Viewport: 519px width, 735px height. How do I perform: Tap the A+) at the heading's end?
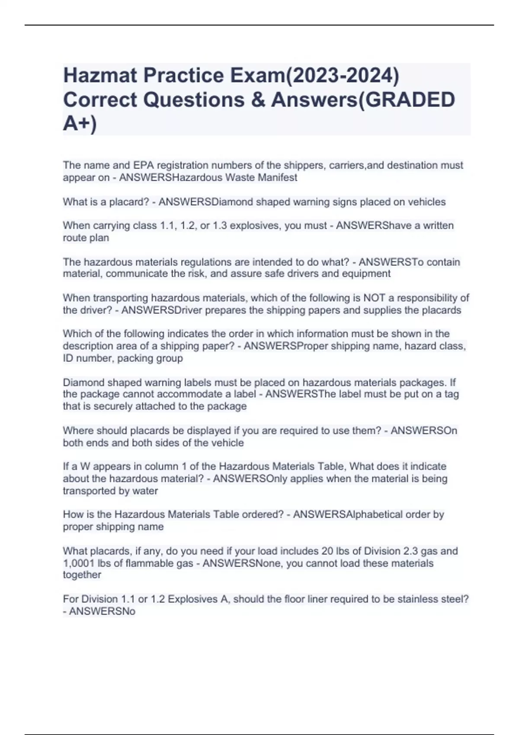point(80,124)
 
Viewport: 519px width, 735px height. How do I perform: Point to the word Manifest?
point(278,177)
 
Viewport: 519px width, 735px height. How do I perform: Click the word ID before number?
point(68,358)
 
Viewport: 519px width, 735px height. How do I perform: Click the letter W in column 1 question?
point(85,467)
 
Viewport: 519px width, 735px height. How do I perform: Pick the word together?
point(82,575)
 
